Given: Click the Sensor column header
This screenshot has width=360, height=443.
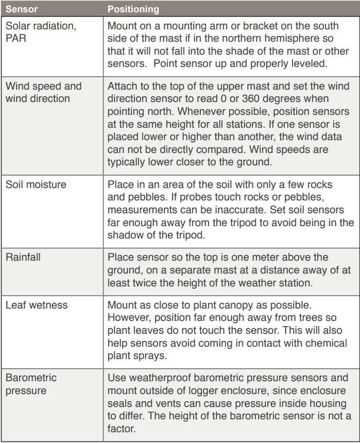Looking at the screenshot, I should click(21, 9).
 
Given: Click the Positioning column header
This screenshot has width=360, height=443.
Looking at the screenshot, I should click(133, 9).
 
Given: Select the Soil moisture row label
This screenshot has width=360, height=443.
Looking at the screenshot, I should click(36, 184).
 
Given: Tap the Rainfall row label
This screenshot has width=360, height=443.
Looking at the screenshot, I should click(23, 257).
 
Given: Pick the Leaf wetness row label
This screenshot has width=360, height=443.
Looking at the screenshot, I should click(36, 305).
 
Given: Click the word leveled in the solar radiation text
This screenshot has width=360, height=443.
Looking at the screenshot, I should click(309, 64).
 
